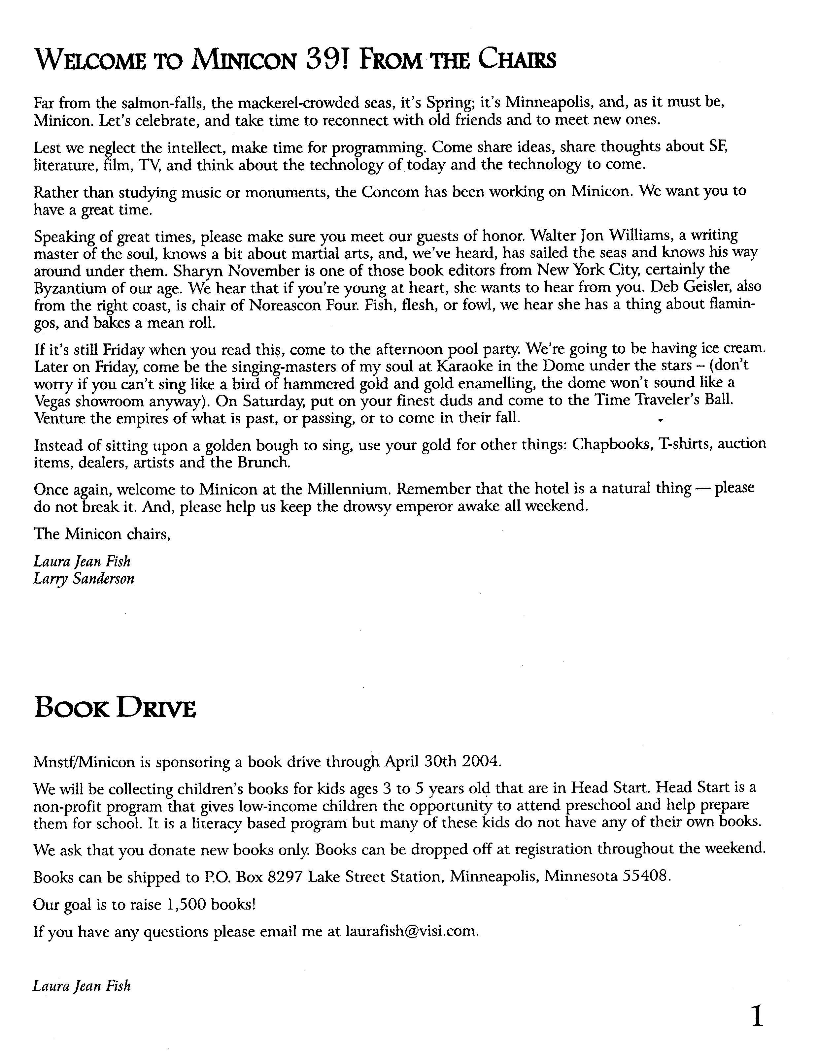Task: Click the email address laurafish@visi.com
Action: coord(411,932)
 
